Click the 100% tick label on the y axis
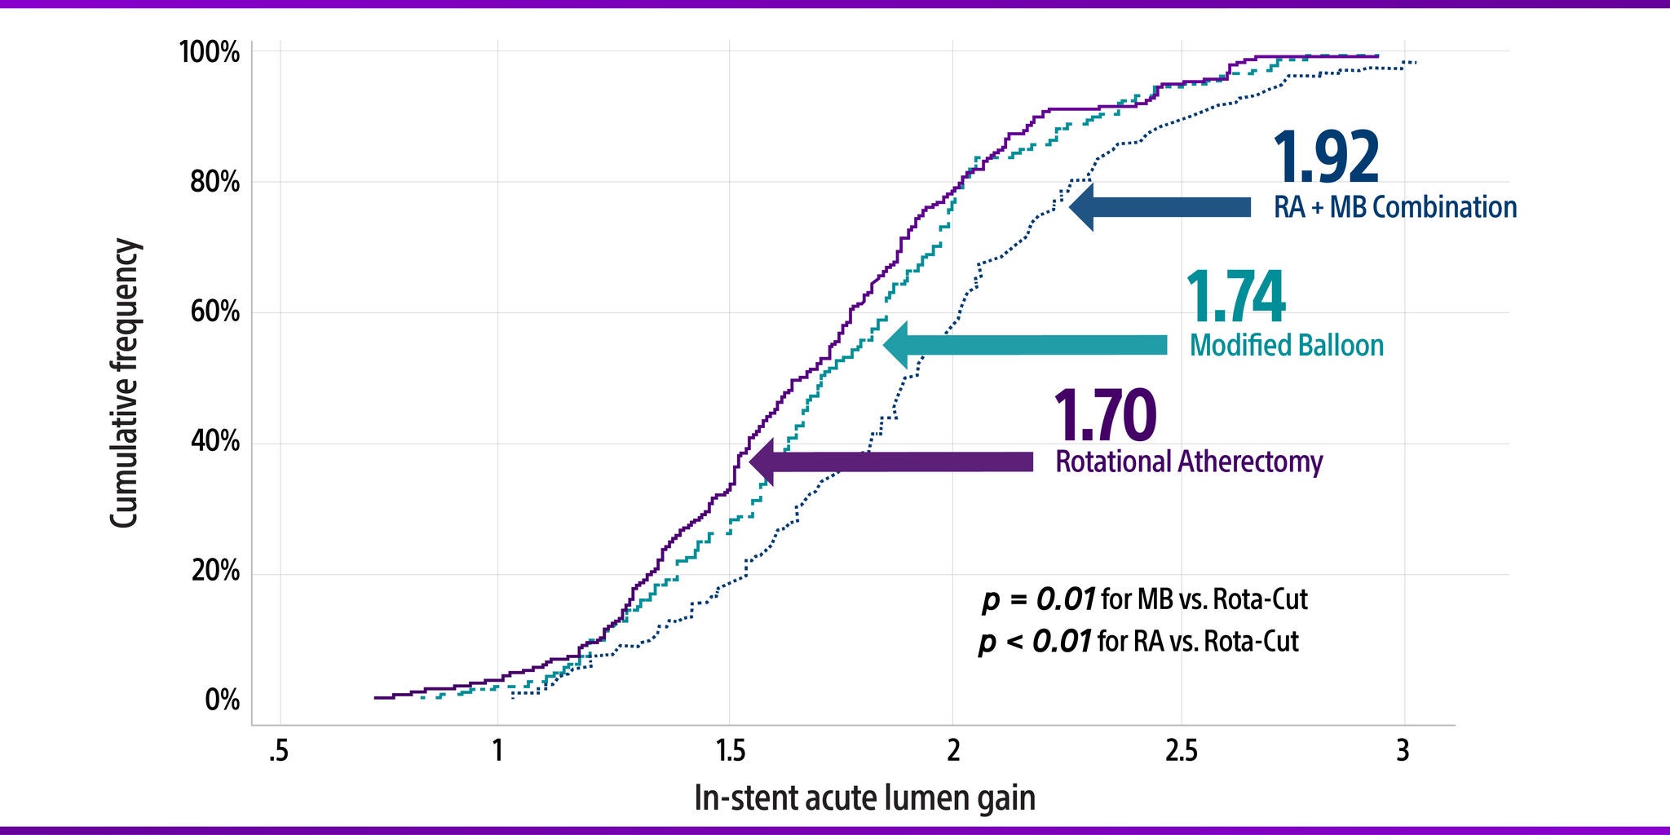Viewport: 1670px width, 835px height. pyautogui.click(x=210, y=53)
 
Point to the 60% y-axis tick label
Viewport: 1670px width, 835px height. pyautogui.click(x=214, y=311)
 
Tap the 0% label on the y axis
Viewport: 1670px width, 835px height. pyautogui.click(x=222, y=700)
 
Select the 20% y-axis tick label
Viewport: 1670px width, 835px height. pyautogui.click(x=214, y=571)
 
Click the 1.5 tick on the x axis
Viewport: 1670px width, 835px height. pyautogui.click(x=730, y=750)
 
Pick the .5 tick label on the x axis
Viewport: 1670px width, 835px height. pyautogui.click(x=279, y=750)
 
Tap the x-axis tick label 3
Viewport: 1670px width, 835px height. pyautogui.click(x=1403, y=750)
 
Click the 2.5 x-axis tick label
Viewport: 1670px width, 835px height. pyautogui.click(x=1181, y=750)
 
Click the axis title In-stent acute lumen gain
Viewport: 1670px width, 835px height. pyautogui.click(x=864, y=797)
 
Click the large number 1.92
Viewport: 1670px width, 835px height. pyautogui.click(x=1326, y=158)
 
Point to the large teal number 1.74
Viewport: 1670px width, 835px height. pyautogui.click(x=1235, y=298)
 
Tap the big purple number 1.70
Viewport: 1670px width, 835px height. pyautogui.click(x=1105, y=416)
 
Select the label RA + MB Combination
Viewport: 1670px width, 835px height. pyautogui.click(x=1394, y=207)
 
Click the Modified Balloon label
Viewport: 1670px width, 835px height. pyautogui.click(x=1286, y=345)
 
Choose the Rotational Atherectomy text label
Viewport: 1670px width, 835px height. pyautogui.click(x=1189, y=462)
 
